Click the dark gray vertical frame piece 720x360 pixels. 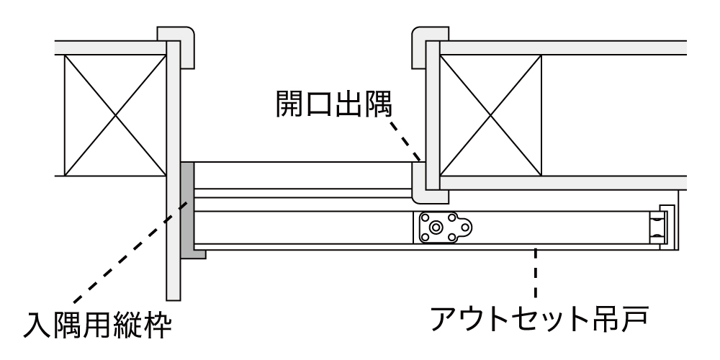(x=187, y=206)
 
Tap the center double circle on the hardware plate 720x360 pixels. (x=436, y=228)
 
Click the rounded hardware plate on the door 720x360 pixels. (x=444, y=228)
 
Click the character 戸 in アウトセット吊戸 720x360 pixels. (x=637, y=317)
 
